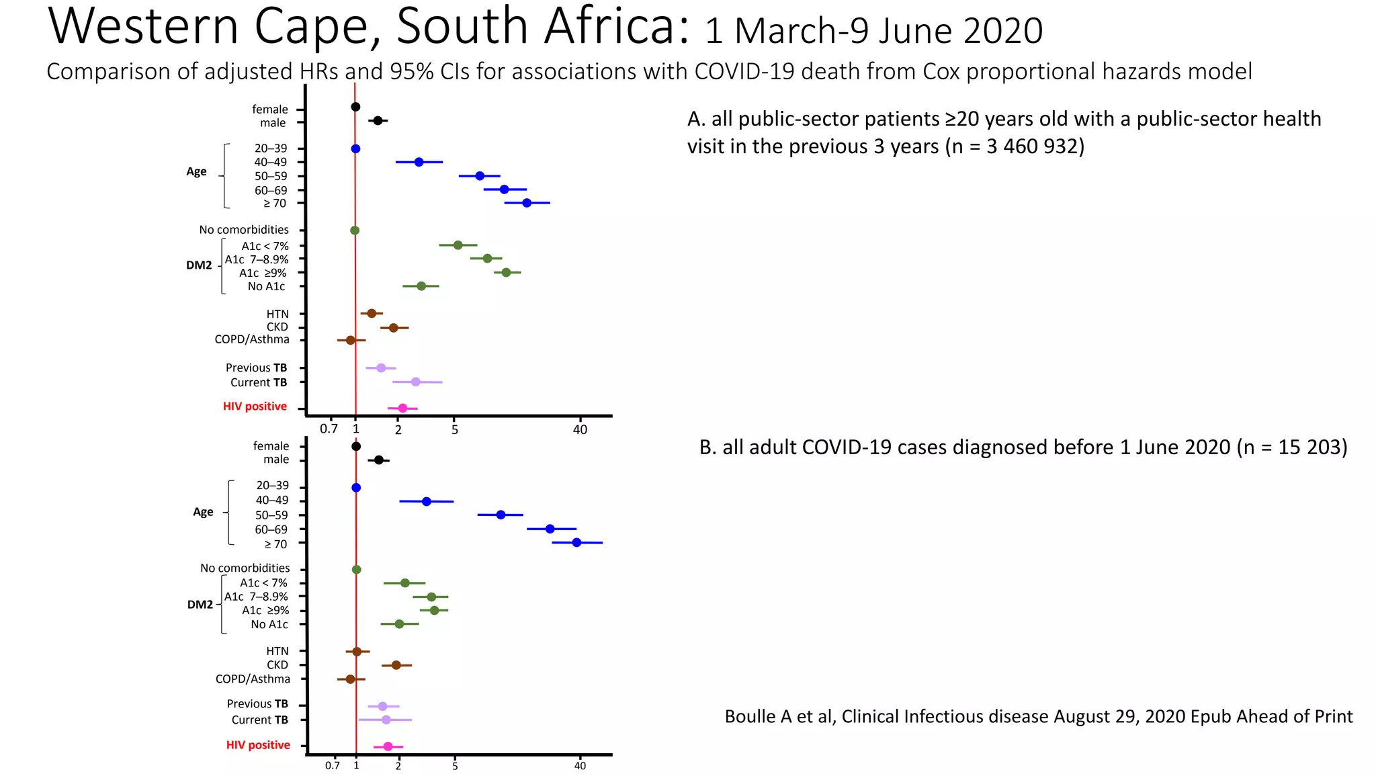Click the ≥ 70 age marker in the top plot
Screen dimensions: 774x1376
coord(527,203)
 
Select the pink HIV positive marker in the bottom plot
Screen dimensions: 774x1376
coord(388,746)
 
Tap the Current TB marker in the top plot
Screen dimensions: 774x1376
coord(415,382)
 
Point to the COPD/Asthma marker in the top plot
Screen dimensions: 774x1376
coord(350,341)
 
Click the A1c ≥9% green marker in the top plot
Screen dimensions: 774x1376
coord(506,272)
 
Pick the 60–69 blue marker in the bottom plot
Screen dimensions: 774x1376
coord(550,529)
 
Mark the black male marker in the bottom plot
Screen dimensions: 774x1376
coord(378,460)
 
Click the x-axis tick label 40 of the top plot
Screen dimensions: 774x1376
coord(580,429)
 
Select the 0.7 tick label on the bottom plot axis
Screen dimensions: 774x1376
coord(332,766)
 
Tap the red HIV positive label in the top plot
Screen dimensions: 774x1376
coord(255,406)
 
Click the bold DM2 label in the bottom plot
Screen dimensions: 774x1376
coord(200,605)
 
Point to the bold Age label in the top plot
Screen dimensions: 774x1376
coord(196,171)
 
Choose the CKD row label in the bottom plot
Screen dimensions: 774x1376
coord(277,665)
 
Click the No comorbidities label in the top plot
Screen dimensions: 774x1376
coord(243,230)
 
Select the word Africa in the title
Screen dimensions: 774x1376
coord(616,27)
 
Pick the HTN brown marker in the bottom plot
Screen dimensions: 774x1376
coord(357,652)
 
